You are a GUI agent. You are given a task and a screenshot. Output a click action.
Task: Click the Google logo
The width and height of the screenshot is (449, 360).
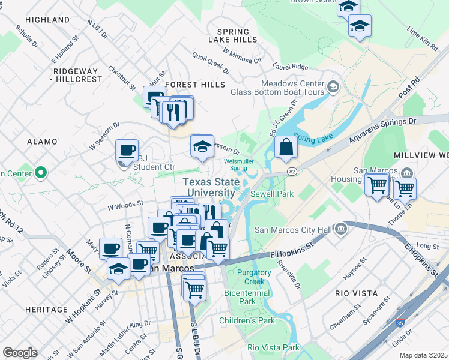click(x=20, y=353)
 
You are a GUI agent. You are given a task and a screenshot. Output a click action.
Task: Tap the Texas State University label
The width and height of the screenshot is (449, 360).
click(x=209, y=187)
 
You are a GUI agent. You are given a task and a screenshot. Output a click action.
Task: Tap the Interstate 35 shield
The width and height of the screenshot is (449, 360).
click(x=408, y=331)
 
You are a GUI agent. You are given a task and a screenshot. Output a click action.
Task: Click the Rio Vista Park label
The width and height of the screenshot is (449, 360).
click(x=273, y=347)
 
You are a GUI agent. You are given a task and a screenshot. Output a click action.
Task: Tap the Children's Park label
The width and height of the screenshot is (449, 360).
click(x=247, y=320)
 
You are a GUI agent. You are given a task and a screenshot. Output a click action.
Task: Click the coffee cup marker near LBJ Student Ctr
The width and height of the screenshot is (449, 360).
click(x=127, y=150)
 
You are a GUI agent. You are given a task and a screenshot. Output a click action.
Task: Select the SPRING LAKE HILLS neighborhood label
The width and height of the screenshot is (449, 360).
click(x=232, y=35)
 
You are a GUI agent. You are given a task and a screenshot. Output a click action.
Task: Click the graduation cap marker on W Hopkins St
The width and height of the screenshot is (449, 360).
click(x=119, y=269)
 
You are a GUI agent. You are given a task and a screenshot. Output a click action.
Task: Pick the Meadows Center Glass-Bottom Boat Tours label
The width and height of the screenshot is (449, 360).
click(x=277, y=88)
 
